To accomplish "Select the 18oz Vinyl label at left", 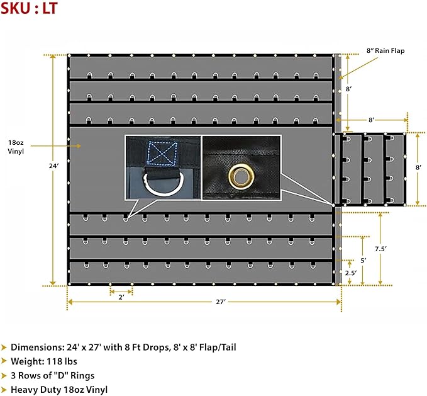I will (16, 147).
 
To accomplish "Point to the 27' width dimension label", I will (219, 302).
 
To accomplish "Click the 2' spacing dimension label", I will (121, 297).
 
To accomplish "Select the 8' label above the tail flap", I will (372, 119).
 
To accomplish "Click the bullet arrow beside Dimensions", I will (4, 347).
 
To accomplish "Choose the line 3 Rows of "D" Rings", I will (53, 375).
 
